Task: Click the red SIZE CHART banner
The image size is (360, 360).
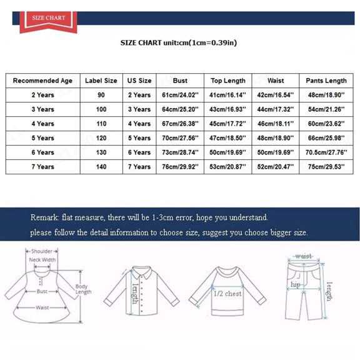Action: pyautogui.click(x=49, y=18)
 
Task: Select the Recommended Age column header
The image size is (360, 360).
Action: pyautogui.click(x=42, y=81)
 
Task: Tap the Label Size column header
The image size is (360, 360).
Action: pyautogui.click(x=101, y=81)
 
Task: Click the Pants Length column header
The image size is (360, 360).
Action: pyautogui.click(x=326, y=81)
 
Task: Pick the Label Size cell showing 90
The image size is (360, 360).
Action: pyautogui.click(x=101, y=95)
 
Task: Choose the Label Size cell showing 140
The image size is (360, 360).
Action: pyautogui.click(x=101, y=167)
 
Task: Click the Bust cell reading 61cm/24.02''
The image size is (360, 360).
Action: pyautogui.click(x=180, y=95)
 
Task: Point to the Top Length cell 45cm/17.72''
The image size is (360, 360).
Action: pyautogui.click(x=227, y=124)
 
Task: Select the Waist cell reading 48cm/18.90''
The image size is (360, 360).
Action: pyautogui.click(x=275, y=138)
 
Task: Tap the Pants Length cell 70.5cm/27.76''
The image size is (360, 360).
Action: pyautogui.click(x=326, y=152)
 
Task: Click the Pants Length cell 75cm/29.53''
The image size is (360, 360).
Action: pyautogui.click(x=326, y=167)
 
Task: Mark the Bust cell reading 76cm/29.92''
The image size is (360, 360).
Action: pyautogui.click(x=180, y=167)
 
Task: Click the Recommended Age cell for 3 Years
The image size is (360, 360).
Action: pyautogui.click(x=42, y=109)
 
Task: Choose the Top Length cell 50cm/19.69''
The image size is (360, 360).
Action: pyautogui.click(x=227, y=152)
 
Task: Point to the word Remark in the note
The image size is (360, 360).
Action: pyautogui.click(x=44, y=217)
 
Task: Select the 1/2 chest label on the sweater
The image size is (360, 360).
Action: pyautogui.click(x=227, y=293)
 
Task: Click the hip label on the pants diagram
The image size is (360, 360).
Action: pyautogui.click(x=295, y=284)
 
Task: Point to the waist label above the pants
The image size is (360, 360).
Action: pyautogui.click(x=304, y=256)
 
